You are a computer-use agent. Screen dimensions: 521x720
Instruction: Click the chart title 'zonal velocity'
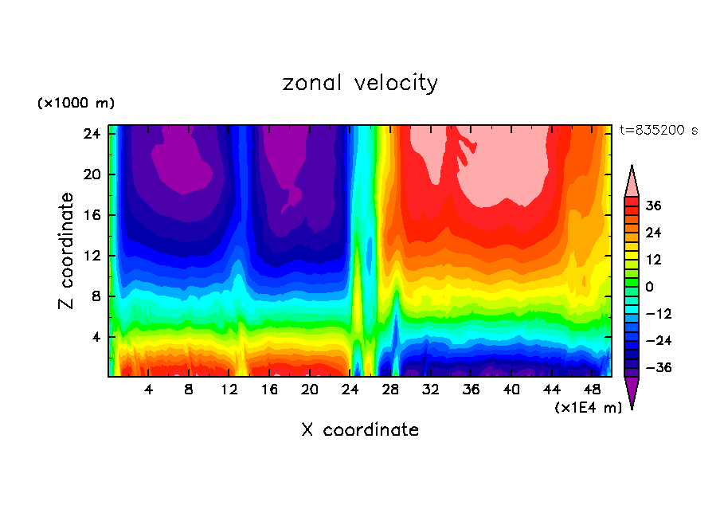tap(360, 83)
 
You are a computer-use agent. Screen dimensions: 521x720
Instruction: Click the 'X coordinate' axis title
tap(360, 430)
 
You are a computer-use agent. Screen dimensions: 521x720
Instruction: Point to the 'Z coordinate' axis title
tap(66, 251)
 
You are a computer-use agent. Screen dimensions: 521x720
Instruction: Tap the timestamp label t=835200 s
tap(658, 130)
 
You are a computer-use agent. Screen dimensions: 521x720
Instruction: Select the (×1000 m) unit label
tap(76, 104)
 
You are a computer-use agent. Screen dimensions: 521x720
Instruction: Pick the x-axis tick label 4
tap(149, 390)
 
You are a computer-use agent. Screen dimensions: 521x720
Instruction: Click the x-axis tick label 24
tap(350, 390)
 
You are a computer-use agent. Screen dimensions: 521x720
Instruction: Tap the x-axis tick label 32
tap(431, 390)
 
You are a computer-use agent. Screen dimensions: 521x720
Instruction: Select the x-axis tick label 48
tap(592, 390)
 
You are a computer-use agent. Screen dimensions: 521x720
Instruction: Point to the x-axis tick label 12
tap(229, 390)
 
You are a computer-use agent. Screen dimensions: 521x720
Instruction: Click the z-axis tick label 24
tap(90, 134)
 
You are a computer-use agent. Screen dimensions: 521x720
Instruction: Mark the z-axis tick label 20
tap(90, 174)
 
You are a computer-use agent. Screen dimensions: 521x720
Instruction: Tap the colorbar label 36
tap(654, 206)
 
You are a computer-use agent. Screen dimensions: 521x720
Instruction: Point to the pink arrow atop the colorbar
tap(632, 181)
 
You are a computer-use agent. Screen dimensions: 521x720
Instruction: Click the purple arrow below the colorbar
tap(632, 392)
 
